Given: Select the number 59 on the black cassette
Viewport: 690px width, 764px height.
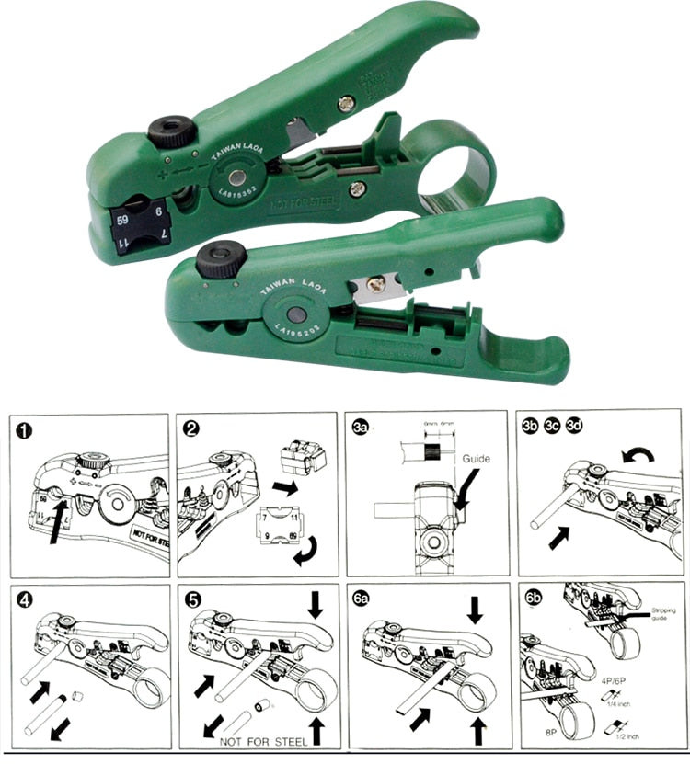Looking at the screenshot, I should tap(122, 220).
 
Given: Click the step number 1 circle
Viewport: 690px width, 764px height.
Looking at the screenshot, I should tap(25, 430).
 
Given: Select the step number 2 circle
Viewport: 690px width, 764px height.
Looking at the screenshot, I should tap(193, 430).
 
